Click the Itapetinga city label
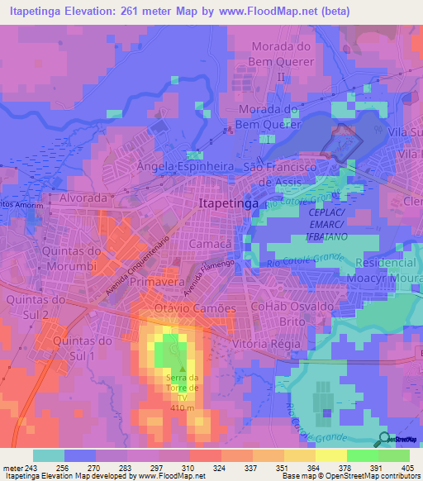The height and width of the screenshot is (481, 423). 228,202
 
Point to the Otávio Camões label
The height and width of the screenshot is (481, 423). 195,308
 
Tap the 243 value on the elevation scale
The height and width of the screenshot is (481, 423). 31,468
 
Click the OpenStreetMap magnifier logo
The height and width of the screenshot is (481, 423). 385,439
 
